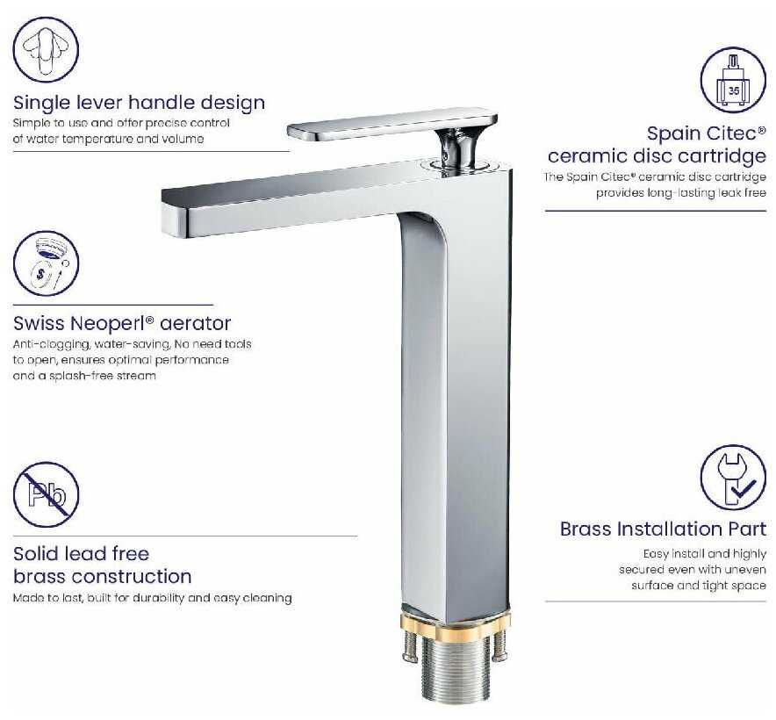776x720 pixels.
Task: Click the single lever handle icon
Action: (46, 49)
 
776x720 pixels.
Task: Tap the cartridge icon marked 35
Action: (734, 80)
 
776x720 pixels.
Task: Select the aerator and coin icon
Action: (46, 263)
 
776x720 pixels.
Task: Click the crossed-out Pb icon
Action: (46, 494)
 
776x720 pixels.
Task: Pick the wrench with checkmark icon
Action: (734, 478)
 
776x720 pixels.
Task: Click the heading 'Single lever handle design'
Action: (139, 103)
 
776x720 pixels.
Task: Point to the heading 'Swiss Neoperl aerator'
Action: (122, 323)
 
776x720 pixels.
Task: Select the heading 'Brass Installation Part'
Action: (663, 529)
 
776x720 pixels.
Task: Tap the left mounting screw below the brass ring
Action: (410, 648)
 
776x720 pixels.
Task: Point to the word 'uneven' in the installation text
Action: (747, 570)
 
